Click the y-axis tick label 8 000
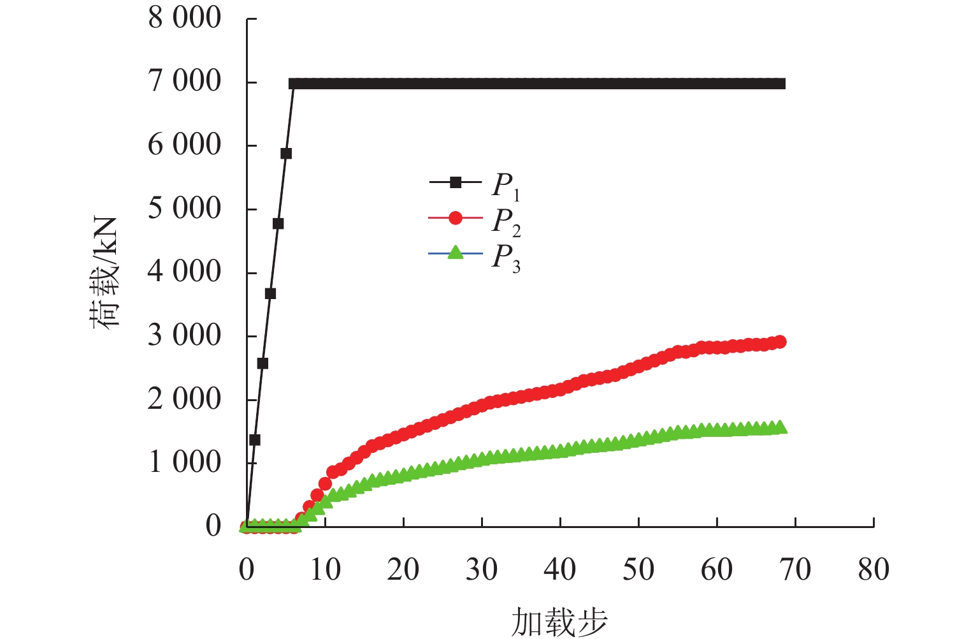[x=184, y=18]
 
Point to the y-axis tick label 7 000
[x=184, y=82]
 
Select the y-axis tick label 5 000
[x=184, y=209]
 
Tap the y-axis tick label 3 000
[x=184, y=336]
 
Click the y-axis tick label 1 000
[x=184, y=463]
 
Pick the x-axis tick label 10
[x=326, y=569]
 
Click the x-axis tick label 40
[x=560, y=569]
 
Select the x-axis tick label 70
[x=795, y=569]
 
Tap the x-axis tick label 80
[x=874, y=569]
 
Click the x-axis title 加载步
[x=559, y=622]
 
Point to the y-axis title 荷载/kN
[x=104, y=273]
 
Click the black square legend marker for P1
[x=455, y=182]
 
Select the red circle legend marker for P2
[x=455, y=218]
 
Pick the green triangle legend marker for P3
[x=455, y=253]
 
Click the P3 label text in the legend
[x=506, y=258]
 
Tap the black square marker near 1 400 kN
[x=255, y=440]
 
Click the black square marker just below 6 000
[x=286, y=154]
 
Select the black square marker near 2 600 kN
[x=262, y=364]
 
